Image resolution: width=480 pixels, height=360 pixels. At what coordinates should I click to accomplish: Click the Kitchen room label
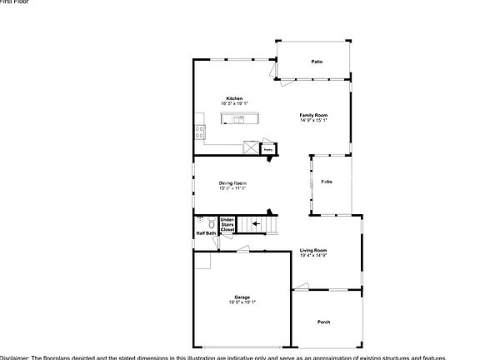point(234,98)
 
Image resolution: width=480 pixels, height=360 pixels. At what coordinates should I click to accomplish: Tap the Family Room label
point(314,115)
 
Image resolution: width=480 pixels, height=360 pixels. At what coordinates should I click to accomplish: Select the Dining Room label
point(232,182)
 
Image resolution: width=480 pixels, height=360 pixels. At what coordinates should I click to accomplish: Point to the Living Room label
point(313,250)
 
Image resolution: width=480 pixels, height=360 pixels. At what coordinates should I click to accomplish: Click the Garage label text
point(242,297)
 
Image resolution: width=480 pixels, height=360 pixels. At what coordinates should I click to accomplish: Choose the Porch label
point(324,322)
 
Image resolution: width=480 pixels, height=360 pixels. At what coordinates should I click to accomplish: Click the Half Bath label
point(206,245)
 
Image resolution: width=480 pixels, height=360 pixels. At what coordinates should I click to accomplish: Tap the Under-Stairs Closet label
point(227,223)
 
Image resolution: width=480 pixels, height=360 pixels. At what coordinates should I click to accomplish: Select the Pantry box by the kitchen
point(269,149)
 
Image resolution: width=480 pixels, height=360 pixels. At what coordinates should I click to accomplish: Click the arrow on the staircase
point(257,223)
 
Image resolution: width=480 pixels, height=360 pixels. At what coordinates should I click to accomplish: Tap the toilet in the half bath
point(212,224)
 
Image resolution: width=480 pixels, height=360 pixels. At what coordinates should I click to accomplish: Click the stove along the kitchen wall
point(198,129)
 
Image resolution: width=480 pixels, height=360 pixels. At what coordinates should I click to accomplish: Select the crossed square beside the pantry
point(250,147)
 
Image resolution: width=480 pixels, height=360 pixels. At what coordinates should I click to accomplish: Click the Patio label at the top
point(317,62)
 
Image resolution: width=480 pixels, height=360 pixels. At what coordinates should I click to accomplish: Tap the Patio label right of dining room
point(327,181)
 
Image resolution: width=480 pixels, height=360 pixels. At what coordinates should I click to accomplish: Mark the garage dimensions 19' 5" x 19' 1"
point(242,302)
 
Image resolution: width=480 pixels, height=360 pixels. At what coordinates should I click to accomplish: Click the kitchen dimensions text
point(234,103)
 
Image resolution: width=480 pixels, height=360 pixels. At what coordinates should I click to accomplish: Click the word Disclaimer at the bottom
point(15,356)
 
